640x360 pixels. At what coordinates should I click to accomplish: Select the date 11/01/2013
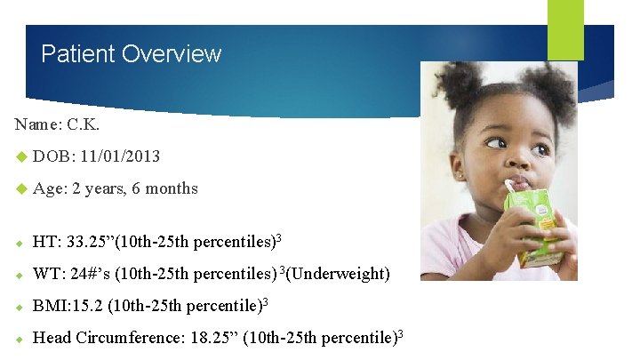click(119, 156)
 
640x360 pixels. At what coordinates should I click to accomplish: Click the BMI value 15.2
click(91, 306)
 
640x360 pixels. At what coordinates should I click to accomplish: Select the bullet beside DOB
click(20, 157)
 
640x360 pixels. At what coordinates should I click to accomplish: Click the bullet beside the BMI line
click(20, 307)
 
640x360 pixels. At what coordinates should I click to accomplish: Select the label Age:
click(50, 188)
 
